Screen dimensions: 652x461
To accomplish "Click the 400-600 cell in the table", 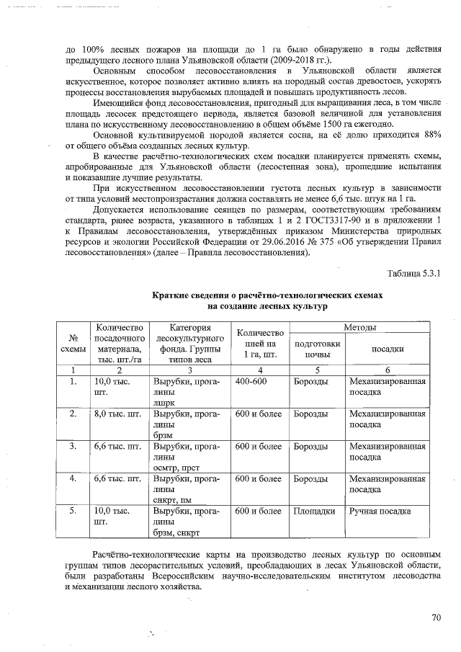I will click(x=251, y=380).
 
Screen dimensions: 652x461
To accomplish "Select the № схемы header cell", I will click(x=73, y=343).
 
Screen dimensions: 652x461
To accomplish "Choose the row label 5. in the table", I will click(x=73, y=511).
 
